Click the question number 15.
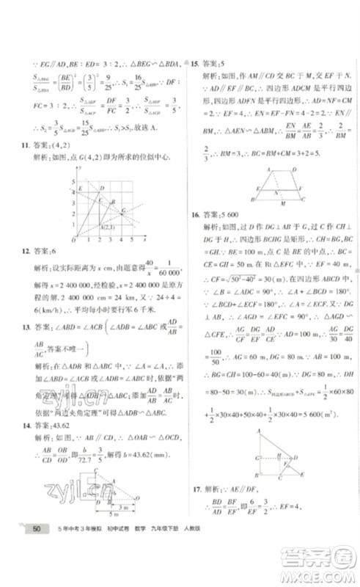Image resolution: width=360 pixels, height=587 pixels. (194, 65)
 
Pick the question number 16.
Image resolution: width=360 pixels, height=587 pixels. (194, 215)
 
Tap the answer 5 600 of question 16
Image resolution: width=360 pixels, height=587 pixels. (232, 215)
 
